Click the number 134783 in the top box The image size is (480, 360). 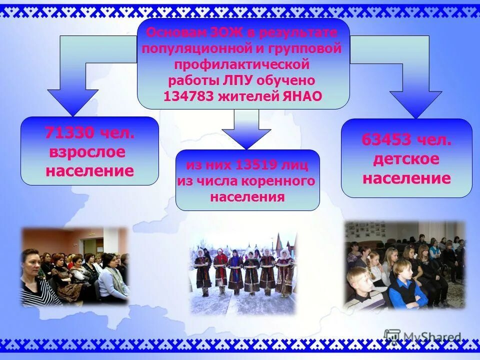tap(188, 96)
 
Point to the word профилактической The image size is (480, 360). tap(242, 64)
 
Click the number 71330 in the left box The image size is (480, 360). tap(69, 133)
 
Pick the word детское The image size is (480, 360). tap(406, 159)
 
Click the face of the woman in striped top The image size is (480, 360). tap(31, 262)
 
